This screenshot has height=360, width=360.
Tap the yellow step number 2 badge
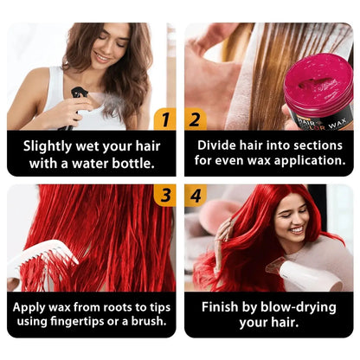pos(196,119)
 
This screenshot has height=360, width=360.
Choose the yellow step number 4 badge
pos(196,196)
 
